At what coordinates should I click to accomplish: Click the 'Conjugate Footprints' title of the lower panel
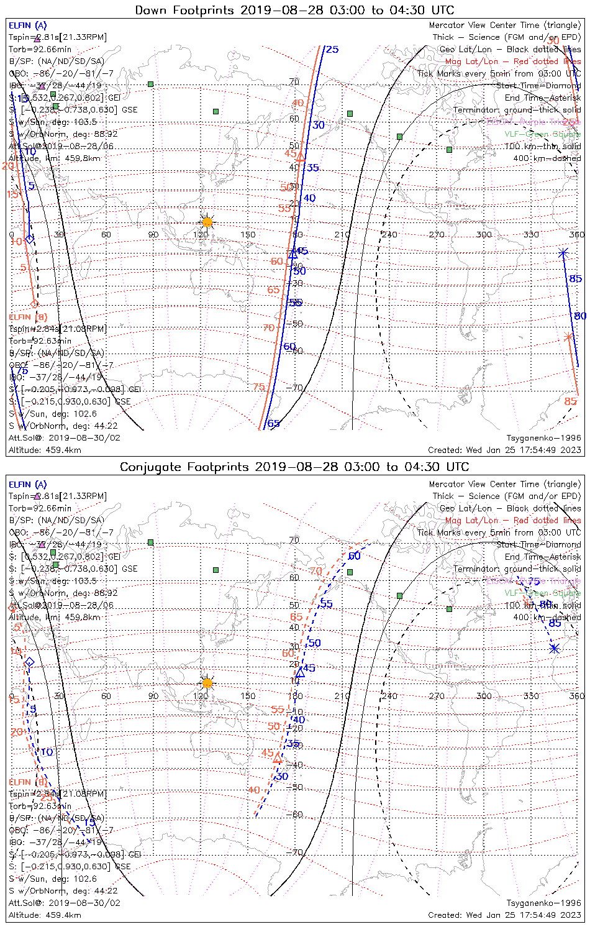click(185, 467)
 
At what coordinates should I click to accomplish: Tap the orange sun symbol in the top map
click(207, 222)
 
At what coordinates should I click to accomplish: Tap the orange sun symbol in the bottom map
click(207, 683)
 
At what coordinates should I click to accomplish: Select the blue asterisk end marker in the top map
click(563, 253)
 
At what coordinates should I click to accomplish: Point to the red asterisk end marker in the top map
click(568, 337)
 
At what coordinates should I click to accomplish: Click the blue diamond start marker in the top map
click(29, 239)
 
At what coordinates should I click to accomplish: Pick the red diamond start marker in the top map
click(34, 304)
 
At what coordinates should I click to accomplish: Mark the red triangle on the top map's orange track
click(301, 157)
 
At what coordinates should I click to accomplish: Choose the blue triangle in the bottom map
click(300, 672)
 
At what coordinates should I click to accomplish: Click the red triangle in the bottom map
click(278, 759)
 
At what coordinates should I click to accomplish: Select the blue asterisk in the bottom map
click(554, 649)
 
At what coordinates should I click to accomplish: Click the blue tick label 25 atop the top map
click(332, 50)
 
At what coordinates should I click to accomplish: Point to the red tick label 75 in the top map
click(259, 387)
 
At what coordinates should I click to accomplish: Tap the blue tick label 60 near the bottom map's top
click(354, 556)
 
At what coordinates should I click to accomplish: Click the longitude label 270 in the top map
click(437, 235)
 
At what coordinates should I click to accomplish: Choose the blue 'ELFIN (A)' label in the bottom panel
click(28, 485)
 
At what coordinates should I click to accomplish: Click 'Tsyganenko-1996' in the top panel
click(544, 438)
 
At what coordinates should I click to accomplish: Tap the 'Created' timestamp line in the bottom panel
click(504, 915)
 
